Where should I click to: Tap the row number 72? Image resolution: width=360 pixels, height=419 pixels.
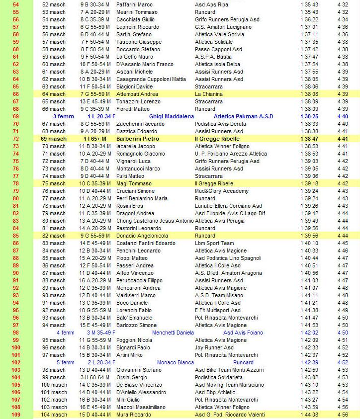coord(15,139)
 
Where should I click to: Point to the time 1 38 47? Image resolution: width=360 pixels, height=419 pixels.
coord(309,139)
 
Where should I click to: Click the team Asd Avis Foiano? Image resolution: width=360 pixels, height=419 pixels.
coord(243,333)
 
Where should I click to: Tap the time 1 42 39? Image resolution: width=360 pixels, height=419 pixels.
coord(309,362)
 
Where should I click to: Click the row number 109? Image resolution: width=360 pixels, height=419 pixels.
coord(15,415)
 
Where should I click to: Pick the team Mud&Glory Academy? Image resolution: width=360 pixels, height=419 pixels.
coord(222,191)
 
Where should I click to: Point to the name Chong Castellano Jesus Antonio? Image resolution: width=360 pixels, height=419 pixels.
coord(155,221)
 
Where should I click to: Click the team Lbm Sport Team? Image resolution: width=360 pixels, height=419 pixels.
coord(214,243)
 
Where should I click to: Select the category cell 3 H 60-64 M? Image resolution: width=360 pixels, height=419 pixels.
coord(97,377)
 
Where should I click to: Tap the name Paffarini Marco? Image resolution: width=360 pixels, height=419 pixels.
coord(134,4)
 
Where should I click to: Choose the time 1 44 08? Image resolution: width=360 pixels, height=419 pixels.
coord(309,415)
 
